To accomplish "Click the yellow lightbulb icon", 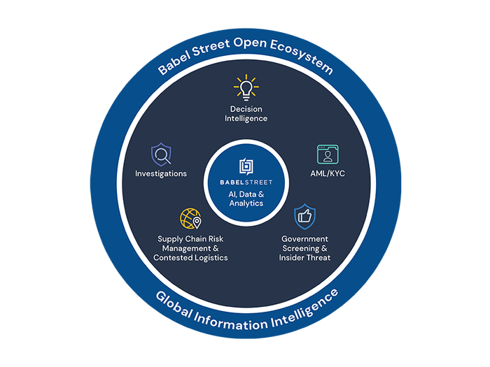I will (x=245, y=88).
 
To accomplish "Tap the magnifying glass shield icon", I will (x=161, y=153).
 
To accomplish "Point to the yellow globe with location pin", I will (x=190, y=220).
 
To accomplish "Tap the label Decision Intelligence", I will (x=246, y=113).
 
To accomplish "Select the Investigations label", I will (x=161, y=173).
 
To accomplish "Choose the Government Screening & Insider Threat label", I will (x=304, y=248).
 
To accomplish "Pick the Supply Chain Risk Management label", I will (x=190, y=248).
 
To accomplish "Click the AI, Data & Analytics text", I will (x=245, y=199).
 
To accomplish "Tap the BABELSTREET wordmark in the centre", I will (x=245, y=182).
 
